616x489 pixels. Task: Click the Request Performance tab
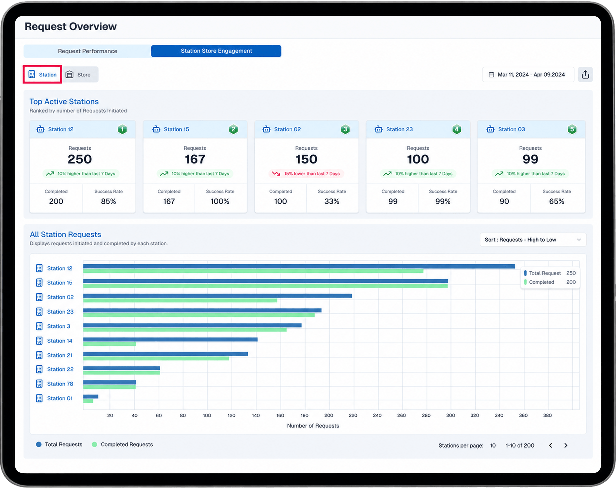pyautogui.click(x=87, y=51)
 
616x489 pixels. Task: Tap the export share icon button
pyautogui.click(x=585, y=74)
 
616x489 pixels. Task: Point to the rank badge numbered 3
pyautogui.click(x=345, y=129)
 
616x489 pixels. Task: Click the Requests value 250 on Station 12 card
pyautogui.click(x=80, y=159)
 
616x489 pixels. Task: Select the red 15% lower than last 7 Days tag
pyautogui.click(x=306, y=174)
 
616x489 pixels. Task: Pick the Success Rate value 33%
pyautogui.click(x=332, y=201)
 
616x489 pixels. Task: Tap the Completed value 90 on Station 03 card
pyautogui.click(x=504, y=201)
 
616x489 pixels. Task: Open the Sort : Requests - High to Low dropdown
pyautogui.click(x=533, y=239)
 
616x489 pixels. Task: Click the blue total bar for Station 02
pyautogui.click(x=217, y=296)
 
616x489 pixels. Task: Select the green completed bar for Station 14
pyautogui.click(x=109, y=344)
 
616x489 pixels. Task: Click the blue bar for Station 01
pyautogui.click(x=91, y=396)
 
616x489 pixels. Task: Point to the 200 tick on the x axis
pyautogui.click(x=328, y=415)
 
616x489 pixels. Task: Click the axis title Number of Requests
pyautogui.click(x=313, y=425)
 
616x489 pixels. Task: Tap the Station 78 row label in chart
pyautogui.click(x=60, y=384)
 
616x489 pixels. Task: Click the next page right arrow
pyautogui.click(x=565, y=445)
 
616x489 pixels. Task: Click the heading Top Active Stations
pyautogui.click(x=64, y=102)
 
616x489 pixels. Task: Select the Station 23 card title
pyautogui.click(x=399, y=129)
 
